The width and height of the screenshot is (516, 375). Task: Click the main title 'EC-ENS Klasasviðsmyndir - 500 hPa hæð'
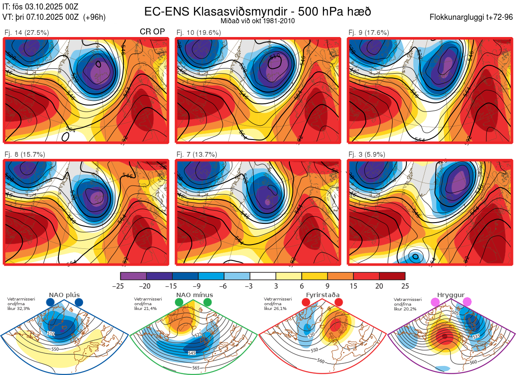258,12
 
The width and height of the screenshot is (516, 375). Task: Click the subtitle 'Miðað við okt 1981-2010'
258,21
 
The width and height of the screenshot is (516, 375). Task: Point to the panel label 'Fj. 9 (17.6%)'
369,32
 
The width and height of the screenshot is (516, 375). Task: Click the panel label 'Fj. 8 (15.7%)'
25,154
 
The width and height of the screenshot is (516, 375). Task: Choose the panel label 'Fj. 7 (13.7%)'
197,154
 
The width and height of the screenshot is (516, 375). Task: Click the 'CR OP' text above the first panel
152,32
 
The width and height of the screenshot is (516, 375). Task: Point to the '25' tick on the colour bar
405,286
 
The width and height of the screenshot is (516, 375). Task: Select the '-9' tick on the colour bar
198,286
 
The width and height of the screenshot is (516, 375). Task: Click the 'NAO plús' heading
64,295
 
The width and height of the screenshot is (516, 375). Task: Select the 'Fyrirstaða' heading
322,295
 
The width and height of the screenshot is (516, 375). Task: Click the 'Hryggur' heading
451,295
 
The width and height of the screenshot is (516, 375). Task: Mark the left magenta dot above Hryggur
435,302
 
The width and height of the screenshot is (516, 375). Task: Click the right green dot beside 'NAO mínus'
208,302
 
